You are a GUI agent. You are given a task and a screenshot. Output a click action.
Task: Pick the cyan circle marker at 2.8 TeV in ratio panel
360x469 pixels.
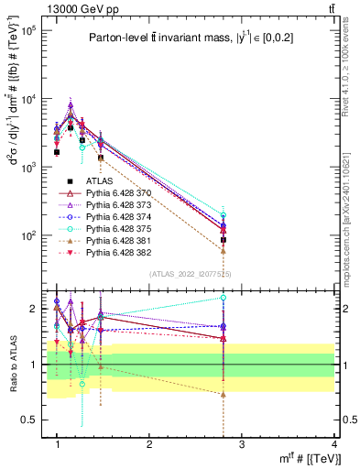[224, 298]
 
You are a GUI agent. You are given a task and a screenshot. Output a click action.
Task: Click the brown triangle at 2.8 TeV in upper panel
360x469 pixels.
[224, 250]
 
